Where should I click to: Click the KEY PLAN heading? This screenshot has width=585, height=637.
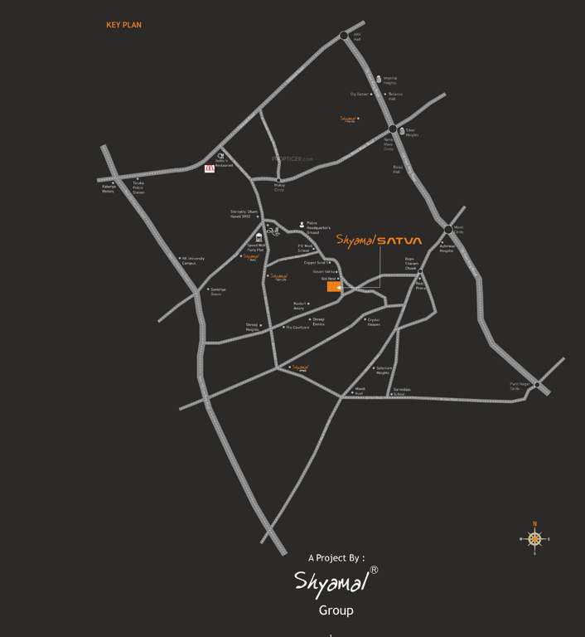123,26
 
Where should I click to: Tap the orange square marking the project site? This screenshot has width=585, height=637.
333,287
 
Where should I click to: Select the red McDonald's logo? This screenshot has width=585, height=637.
209,168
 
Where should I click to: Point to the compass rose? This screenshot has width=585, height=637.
534,539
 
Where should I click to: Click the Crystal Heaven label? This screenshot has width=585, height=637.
374,323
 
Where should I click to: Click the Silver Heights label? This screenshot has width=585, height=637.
412,133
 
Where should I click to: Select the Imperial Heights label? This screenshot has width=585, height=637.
389,81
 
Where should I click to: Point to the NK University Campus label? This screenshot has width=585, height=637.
192,260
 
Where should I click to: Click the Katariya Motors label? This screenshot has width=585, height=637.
109,189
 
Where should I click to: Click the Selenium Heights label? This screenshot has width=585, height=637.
383,370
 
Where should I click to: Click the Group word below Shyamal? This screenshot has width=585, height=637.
336,610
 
